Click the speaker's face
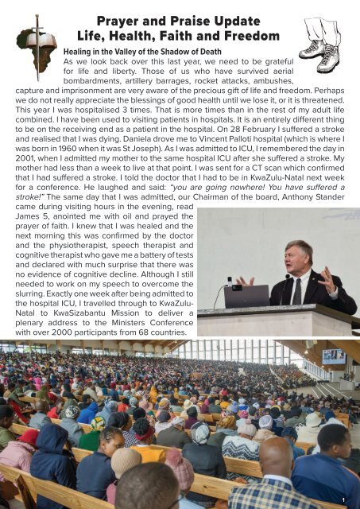[300, 255]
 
